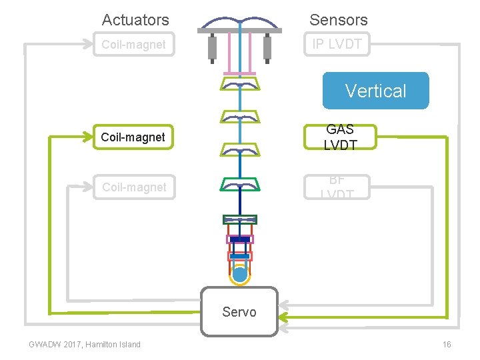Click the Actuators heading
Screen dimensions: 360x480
[135, 20]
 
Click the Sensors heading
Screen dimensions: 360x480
[338, 20]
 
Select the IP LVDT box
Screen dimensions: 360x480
[337, 45]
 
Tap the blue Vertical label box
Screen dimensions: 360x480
[375, 91]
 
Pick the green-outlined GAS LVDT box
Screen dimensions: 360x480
[340, 137]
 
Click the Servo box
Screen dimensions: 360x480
[239, 311]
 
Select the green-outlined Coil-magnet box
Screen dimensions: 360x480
[133, 137]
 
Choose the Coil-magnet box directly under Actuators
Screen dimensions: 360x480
[133, 45]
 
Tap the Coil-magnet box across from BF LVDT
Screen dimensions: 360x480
[134, 187]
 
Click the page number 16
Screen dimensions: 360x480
[447, 345]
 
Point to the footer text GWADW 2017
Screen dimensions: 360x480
[54, 345]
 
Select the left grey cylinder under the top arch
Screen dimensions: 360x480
[213, 47]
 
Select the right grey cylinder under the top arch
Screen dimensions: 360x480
[267, 47]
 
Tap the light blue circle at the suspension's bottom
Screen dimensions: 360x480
[240, 273]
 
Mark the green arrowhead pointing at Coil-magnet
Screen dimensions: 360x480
[89, 137]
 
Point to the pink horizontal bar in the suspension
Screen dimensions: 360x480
[240, 73]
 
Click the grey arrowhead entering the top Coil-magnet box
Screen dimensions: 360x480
[89, 45]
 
